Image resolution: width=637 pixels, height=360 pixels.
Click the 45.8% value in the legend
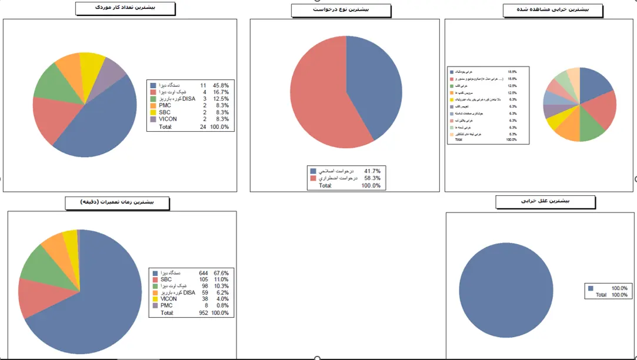point(222,85)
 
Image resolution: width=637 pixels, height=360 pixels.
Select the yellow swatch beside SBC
point(153,112)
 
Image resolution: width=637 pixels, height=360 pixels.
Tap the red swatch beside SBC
point(155,279)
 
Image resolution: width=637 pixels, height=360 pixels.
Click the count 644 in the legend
point(204,273)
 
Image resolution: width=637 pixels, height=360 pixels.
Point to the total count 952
point(204,313)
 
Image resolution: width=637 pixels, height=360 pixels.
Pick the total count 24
point(203,126)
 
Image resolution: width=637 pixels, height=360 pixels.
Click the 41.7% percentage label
point(372,171)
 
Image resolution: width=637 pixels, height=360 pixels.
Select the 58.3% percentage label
point(372,178)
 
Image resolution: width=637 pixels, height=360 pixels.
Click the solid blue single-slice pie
point(506,291)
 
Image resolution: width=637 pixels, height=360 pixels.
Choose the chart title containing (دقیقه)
point(117,202)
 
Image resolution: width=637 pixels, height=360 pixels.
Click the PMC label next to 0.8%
point(166,305)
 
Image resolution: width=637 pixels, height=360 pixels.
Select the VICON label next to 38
point(168,299)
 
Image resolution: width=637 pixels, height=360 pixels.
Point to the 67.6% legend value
point(221,273)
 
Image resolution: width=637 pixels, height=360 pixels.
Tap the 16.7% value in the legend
point(222,92)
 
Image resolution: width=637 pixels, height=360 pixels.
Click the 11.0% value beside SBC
point(221,279)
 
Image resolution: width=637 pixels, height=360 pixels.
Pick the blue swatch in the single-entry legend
point(591,288)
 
